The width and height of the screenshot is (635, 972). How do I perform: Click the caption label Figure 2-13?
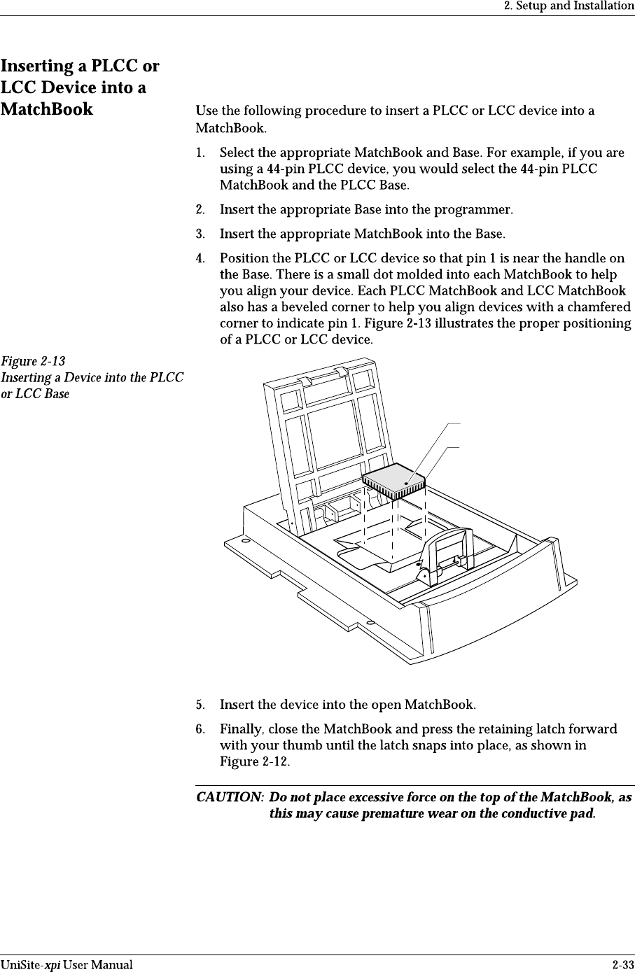(x=33, y=362)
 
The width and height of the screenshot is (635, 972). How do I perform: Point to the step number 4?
(x=200, y=259)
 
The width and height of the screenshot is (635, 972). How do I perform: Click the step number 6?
(x=200, y=730)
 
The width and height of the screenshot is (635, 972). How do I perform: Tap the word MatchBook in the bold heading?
(x=47, y=109)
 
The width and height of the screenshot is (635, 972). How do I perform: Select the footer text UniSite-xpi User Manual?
(x=67, y=965)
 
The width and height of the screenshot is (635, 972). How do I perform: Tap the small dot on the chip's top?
(x=407, y=483)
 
